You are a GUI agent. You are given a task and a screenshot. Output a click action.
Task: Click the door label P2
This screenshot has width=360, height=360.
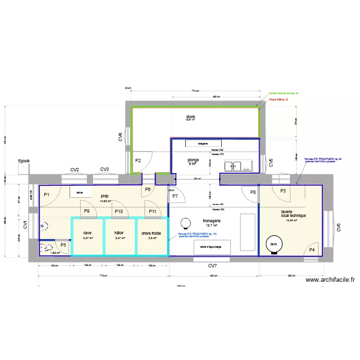138,161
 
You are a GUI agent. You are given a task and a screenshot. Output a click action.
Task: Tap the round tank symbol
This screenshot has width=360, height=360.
274,243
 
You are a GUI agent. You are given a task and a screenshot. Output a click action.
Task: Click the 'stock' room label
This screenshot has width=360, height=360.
191,117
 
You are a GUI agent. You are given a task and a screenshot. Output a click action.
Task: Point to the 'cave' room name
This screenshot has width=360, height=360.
87,233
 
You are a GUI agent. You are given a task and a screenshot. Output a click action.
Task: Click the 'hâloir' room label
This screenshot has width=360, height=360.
119,233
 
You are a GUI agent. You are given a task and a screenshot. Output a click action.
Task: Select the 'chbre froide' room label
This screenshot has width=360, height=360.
152,233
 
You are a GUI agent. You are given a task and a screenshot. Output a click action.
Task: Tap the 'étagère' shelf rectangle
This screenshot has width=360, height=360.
203,143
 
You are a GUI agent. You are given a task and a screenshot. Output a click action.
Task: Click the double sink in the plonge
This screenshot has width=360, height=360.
238,166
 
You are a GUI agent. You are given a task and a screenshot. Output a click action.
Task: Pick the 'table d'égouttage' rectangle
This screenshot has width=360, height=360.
212,247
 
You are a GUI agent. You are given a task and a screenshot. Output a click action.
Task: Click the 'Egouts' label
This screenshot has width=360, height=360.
24,161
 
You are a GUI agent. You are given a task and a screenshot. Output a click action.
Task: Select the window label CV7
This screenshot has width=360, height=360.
213,265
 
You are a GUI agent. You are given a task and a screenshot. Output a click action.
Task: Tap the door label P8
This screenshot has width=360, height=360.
253,192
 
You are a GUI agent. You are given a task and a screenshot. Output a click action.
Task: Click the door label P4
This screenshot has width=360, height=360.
312,250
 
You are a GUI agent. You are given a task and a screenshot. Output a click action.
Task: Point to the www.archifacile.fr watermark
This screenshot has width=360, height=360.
330,280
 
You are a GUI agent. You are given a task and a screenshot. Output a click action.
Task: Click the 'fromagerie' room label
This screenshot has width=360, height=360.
212,221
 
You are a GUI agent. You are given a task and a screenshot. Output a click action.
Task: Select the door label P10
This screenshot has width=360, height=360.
119,211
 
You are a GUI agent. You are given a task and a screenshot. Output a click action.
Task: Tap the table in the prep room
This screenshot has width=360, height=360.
80,192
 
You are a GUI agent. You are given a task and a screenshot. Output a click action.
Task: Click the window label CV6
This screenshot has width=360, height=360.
338,228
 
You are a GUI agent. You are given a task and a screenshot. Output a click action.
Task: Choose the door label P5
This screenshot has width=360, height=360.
63,245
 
